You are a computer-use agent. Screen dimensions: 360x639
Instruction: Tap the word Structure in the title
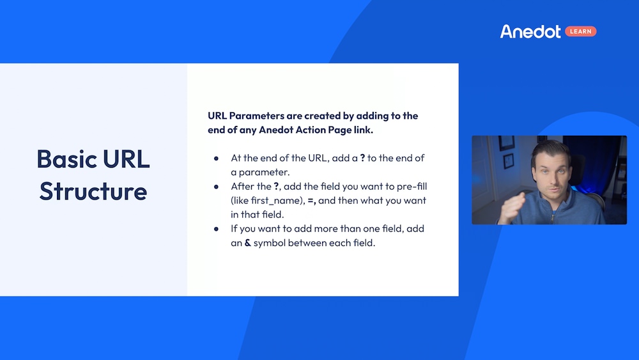click(93, 191)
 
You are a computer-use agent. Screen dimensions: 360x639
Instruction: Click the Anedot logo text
click(530, 31)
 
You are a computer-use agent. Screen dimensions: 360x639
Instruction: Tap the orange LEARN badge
click(581, 31)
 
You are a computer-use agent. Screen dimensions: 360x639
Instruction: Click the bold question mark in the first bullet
click(362, 158)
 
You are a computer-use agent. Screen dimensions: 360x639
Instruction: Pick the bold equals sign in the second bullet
click(311, 201)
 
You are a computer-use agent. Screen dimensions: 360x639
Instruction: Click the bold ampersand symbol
click(247, 243)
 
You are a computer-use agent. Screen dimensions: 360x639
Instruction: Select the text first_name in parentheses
click(268, 201)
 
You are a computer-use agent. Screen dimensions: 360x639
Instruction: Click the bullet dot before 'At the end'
click(217, 158)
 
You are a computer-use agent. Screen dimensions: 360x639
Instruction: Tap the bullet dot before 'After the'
click(217, 187)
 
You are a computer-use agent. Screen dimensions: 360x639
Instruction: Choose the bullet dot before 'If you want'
click(217, 229)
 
